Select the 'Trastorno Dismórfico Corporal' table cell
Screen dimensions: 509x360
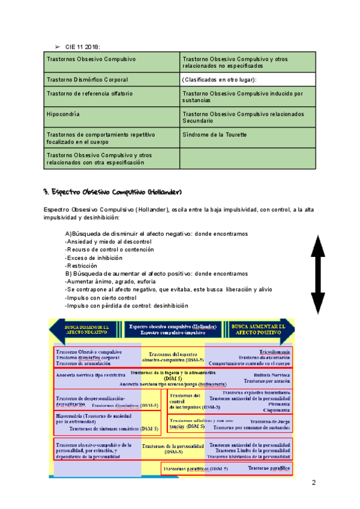[x=88, y=80]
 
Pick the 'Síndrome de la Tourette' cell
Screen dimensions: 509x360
[x=214, y=134]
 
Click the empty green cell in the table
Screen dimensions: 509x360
[x=247, y=158]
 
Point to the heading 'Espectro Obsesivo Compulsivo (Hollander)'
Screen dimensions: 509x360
[x=112, y=192]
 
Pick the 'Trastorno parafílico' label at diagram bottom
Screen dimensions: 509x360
[x=269, y=468]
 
